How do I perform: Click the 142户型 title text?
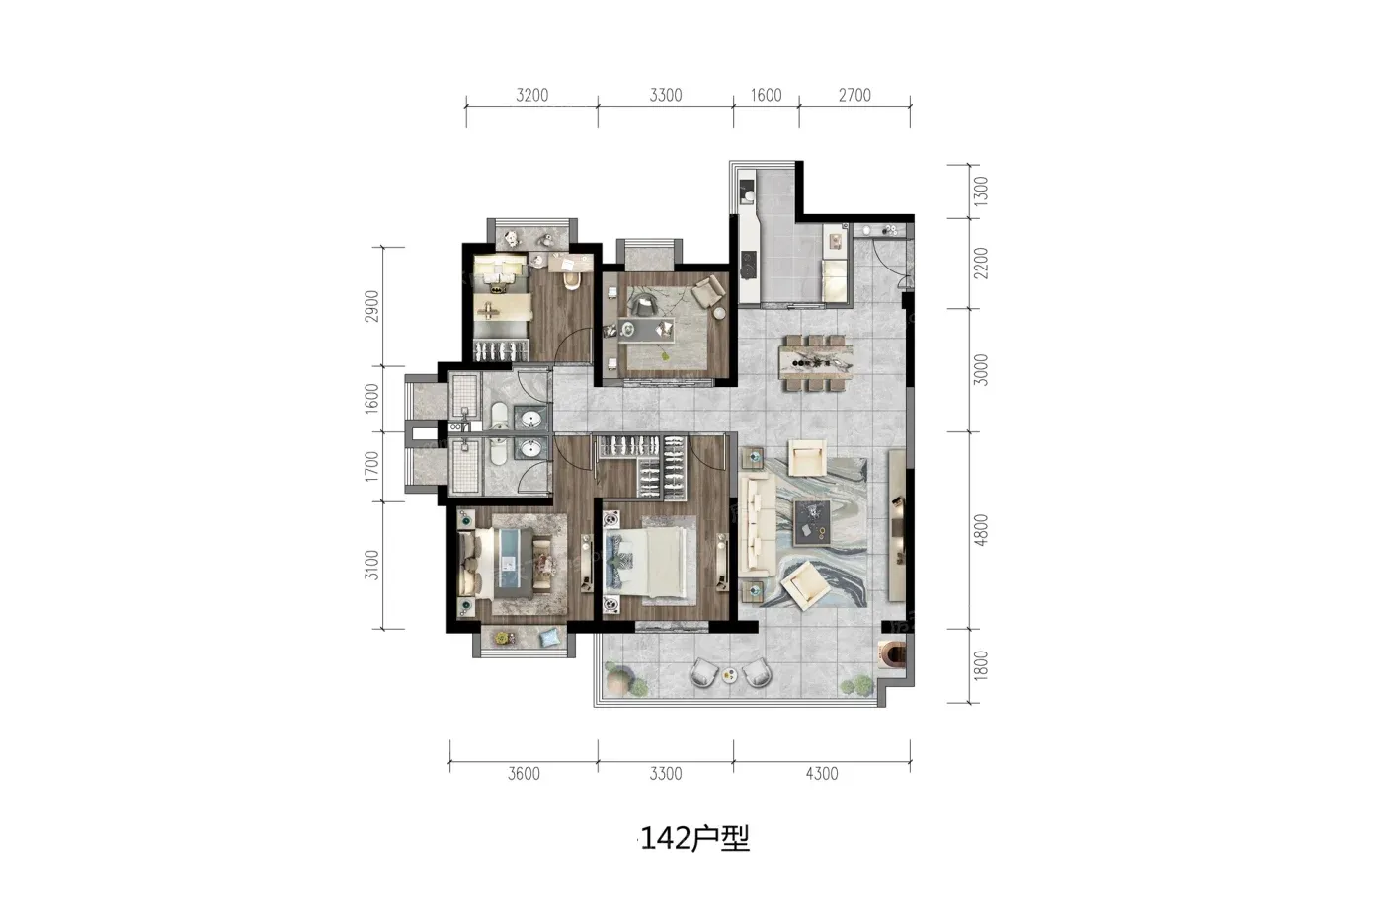694,838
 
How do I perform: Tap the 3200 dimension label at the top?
532,95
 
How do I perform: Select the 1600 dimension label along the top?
766,95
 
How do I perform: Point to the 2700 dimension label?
854,95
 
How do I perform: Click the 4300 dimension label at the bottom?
822,774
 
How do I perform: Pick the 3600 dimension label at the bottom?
524,774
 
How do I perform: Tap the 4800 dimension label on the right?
980,530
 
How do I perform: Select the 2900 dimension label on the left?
371,306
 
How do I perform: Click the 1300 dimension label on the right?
980,192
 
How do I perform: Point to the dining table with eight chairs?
816,363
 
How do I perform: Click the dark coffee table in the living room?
812,522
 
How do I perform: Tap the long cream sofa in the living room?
757,525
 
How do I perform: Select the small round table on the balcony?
730,674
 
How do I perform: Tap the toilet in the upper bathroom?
499,416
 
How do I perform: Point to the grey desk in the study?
646,330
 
